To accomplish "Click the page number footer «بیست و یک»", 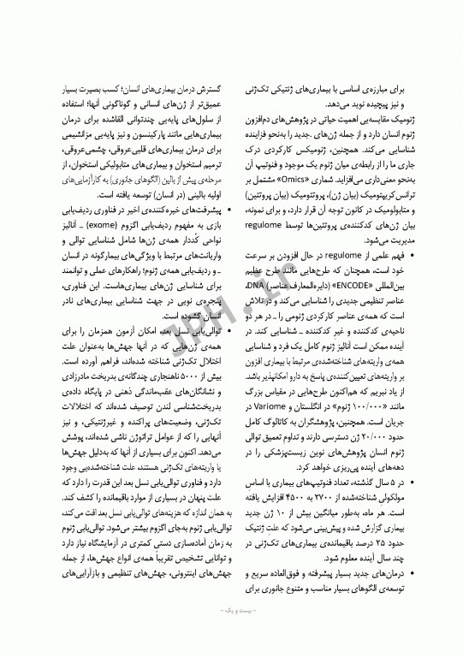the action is [231, 636].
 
